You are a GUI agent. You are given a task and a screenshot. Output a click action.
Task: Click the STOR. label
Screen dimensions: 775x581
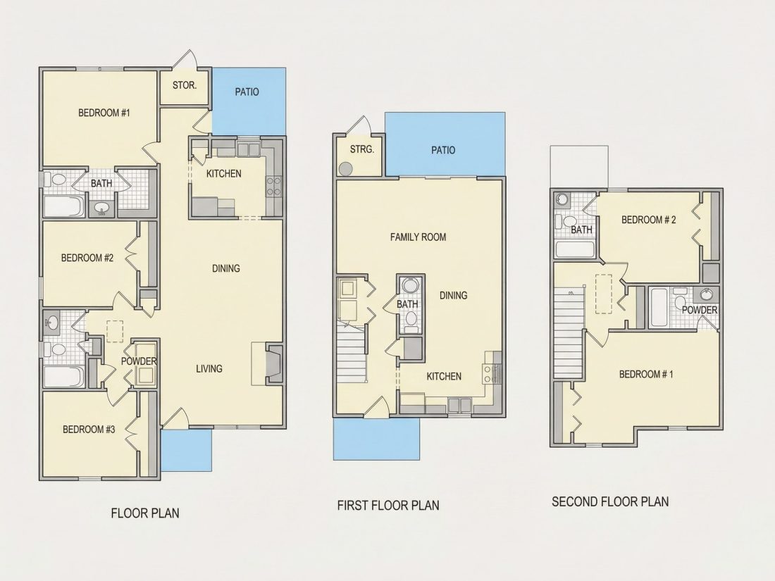coord(185,85)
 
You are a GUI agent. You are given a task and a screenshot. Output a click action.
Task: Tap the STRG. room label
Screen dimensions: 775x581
coord(362,149)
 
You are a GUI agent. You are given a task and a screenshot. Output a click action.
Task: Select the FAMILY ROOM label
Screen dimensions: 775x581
coord(418,237)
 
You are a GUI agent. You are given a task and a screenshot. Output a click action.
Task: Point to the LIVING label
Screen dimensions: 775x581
coord(209,368)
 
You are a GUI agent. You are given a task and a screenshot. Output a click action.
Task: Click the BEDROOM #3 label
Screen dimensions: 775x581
coord(89,430)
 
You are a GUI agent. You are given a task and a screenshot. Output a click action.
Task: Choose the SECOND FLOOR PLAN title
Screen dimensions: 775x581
coord(610,502)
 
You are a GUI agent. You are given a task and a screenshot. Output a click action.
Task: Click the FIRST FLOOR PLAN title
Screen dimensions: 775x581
coord(388,506)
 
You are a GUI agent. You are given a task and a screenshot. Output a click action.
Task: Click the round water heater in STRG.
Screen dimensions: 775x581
coord(345,169)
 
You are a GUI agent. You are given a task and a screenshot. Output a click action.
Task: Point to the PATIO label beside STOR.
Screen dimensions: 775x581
coord(247,92)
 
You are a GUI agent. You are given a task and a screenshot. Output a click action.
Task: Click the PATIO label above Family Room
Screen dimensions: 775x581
coord(443,150)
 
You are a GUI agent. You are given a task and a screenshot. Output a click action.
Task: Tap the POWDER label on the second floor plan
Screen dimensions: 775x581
coord(700,311)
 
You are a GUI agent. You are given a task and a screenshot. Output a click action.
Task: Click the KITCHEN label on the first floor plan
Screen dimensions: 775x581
coord(444,377)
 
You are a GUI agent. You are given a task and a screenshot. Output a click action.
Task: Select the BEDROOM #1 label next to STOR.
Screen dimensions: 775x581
coord(104,113)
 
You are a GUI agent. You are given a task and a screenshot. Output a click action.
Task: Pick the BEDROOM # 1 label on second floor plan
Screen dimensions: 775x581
coord(646,375)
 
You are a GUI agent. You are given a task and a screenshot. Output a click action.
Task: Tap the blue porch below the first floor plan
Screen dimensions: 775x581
coord(377,439)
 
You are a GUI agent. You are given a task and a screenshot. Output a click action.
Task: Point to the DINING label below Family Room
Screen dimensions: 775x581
coord(453,296)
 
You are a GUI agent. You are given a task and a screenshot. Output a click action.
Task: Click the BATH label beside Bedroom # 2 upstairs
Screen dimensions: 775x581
coord(581,230)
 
